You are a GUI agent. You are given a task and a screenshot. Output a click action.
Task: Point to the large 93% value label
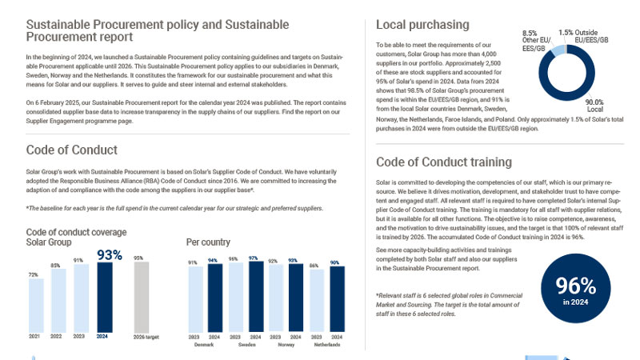110,255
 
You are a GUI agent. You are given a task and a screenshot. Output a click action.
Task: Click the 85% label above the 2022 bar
55,266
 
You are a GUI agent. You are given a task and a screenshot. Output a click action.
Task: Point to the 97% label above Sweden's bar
254,258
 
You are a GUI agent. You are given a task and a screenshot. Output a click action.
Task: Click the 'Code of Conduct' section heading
72,150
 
